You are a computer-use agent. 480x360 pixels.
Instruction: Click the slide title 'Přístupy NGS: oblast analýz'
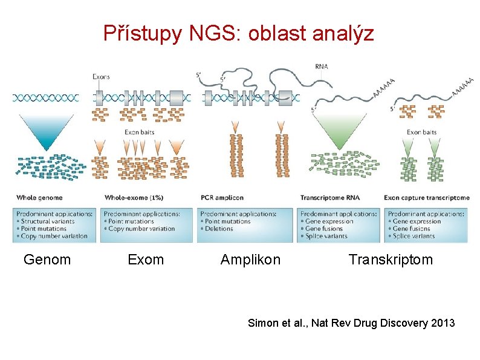coord(239,33)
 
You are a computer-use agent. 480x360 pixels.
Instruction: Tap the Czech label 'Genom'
coord(47,260)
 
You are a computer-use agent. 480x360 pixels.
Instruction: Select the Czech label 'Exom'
coord(146,260)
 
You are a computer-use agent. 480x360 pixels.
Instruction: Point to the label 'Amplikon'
coord(250,260)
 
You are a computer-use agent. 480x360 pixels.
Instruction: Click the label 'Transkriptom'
coord(391,260)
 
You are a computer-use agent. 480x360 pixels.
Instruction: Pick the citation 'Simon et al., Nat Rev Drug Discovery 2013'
coord(351,323)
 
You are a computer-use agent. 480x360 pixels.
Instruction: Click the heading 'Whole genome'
coord(39,198)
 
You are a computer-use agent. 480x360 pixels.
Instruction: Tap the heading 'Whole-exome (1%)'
coord(134,198)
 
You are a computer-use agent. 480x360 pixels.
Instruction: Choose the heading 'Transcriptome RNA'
coord(330,198)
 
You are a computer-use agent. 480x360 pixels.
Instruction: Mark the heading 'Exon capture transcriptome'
coord(427,198)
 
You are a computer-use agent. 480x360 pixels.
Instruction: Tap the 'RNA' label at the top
coord(322,66)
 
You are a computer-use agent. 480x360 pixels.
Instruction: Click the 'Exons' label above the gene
coord(101,77)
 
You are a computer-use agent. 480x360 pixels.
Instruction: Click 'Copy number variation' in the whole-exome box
coord(141,229)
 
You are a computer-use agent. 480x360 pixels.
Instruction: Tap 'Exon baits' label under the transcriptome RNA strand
coord(421,132)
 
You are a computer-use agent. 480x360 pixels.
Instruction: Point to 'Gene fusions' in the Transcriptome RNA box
coord(325,229)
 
